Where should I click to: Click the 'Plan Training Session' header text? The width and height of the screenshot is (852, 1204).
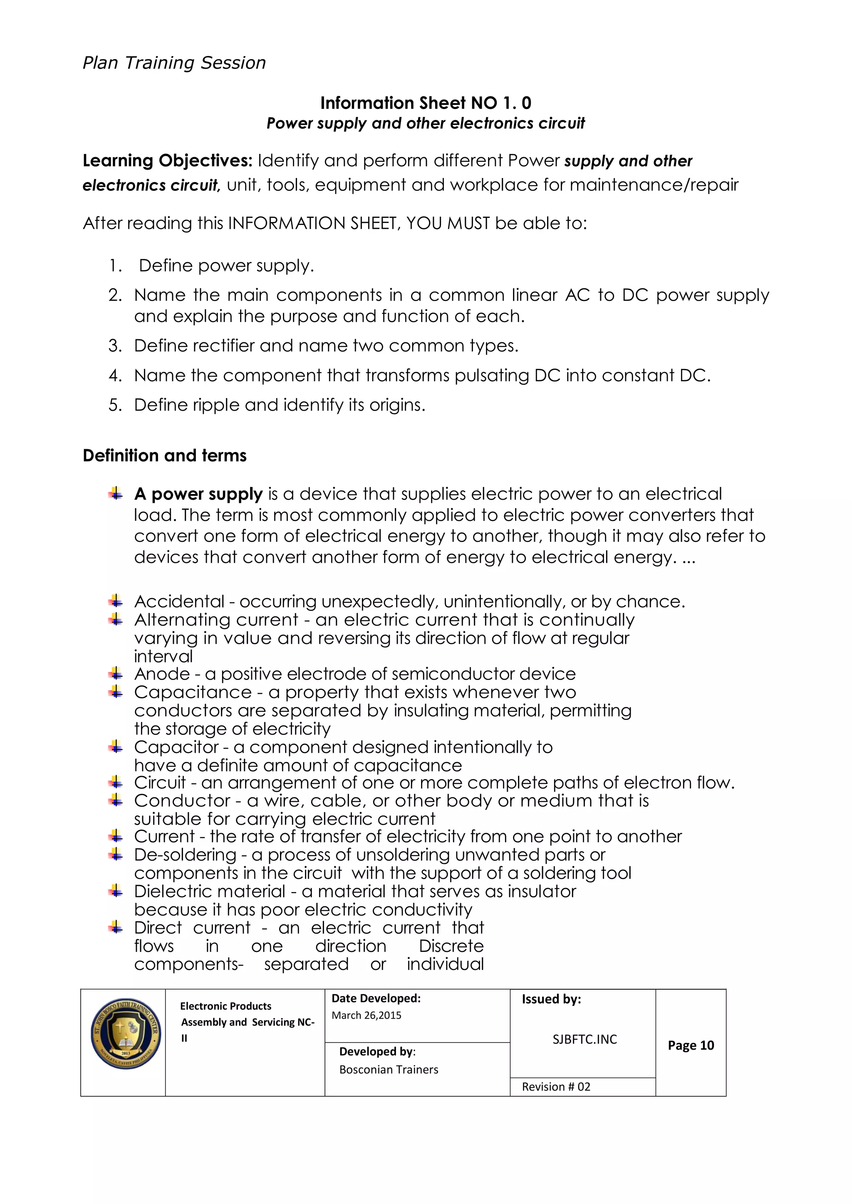[x=174, y=63]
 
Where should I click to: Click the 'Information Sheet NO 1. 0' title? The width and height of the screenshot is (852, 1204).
[x=426, y=103]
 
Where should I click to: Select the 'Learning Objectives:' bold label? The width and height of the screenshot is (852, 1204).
[x=167, y=161]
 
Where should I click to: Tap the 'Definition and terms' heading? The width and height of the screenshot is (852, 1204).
[x=164, y=455]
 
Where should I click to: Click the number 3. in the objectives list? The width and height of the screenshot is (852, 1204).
[x=115, y=346]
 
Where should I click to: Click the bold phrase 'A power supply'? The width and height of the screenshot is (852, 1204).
[x=198, y=494]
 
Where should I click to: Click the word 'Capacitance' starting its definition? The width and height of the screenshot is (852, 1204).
[x=193, y=692]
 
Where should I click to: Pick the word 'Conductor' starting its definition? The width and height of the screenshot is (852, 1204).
[x=182, y=801]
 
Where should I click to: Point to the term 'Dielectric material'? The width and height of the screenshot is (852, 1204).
[x=209, y=892]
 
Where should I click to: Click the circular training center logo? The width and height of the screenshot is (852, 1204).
[x=125, y=1033]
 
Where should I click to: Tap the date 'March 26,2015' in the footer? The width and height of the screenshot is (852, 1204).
[x=366, y=1015]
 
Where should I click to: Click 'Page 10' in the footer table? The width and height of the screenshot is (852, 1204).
[x=691, y=1045]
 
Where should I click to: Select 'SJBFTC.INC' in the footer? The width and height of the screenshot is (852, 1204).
[x=585, y=1039]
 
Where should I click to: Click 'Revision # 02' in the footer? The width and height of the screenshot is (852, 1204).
[x=555, y=1087]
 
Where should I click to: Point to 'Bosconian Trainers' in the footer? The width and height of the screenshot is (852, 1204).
[x=388, y=1070]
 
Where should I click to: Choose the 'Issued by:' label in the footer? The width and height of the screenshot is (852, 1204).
[x=551, y=999]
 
